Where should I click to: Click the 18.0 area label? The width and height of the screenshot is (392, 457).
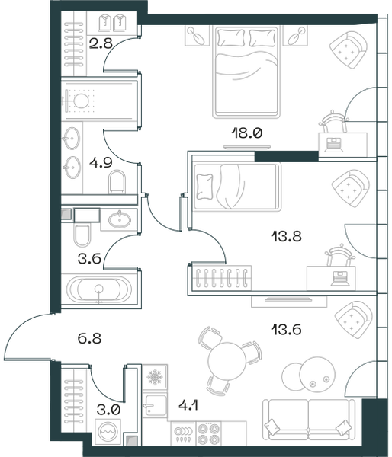[247, 133]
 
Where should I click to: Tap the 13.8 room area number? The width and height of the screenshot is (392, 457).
[286, 236]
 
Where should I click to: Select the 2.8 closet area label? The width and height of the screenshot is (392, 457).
[101, 43]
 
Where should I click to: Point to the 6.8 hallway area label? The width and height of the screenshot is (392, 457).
[89, 339]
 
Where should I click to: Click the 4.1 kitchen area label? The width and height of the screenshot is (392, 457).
[188, 405]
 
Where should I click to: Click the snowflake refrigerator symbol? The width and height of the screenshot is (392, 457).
[155, 377]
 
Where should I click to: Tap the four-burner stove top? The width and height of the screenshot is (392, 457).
[208, 433]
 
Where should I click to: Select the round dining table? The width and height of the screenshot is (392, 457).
[227, 361]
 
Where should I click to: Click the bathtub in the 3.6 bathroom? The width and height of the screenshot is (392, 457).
[99, 289]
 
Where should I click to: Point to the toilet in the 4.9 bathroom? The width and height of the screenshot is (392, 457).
[117, 182]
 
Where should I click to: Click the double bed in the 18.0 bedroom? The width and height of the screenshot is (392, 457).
[246, 72]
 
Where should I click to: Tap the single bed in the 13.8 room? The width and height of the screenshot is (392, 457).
[237, 187]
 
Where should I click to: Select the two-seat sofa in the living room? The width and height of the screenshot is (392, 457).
[309, 420]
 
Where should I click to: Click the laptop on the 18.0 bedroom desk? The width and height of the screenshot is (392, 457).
[333, 145]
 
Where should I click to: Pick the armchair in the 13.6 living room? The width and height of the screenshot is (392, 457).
[353, 320]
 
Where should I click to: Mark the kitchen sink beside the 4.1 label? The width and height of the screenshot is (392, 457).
[155, 406]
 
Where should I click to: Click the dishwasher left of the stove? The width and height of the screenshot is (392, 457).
[184, 433]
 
